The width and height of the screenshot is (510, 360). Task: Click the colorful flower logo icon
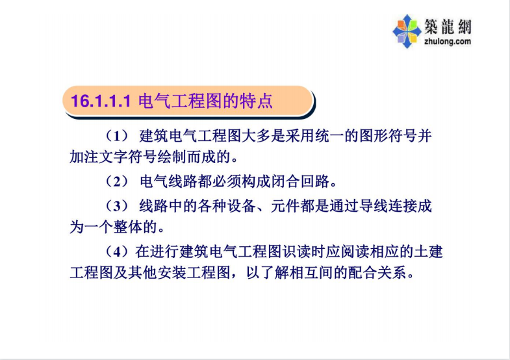coord(407,31)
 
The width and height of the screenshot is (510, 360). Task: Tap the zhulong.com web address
coord(448,42)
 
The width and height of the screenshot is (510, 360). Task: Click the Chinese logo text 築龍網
coord(448,27)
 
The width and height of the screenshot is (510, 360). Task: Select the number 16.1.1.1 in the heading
coord(101,101)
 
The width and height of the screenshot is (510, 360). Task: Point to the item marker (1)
coord(118,136)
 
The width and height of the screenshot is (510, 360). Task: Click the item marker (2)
coord(118,181)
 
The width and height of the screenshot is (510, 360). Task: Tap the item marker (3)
coord(118,206)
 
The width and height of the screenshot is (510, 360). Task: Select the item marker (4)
coord(118,251)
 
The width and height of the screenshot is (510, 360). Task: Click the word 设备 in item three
coord(242,206)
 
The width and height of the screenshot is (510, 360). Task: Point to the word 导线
coord(374,206)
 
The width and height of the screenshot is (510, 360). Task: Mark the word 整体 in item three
coord(128,227)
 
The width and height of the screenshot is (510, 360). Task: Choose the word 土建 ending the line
coord(428,251)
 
